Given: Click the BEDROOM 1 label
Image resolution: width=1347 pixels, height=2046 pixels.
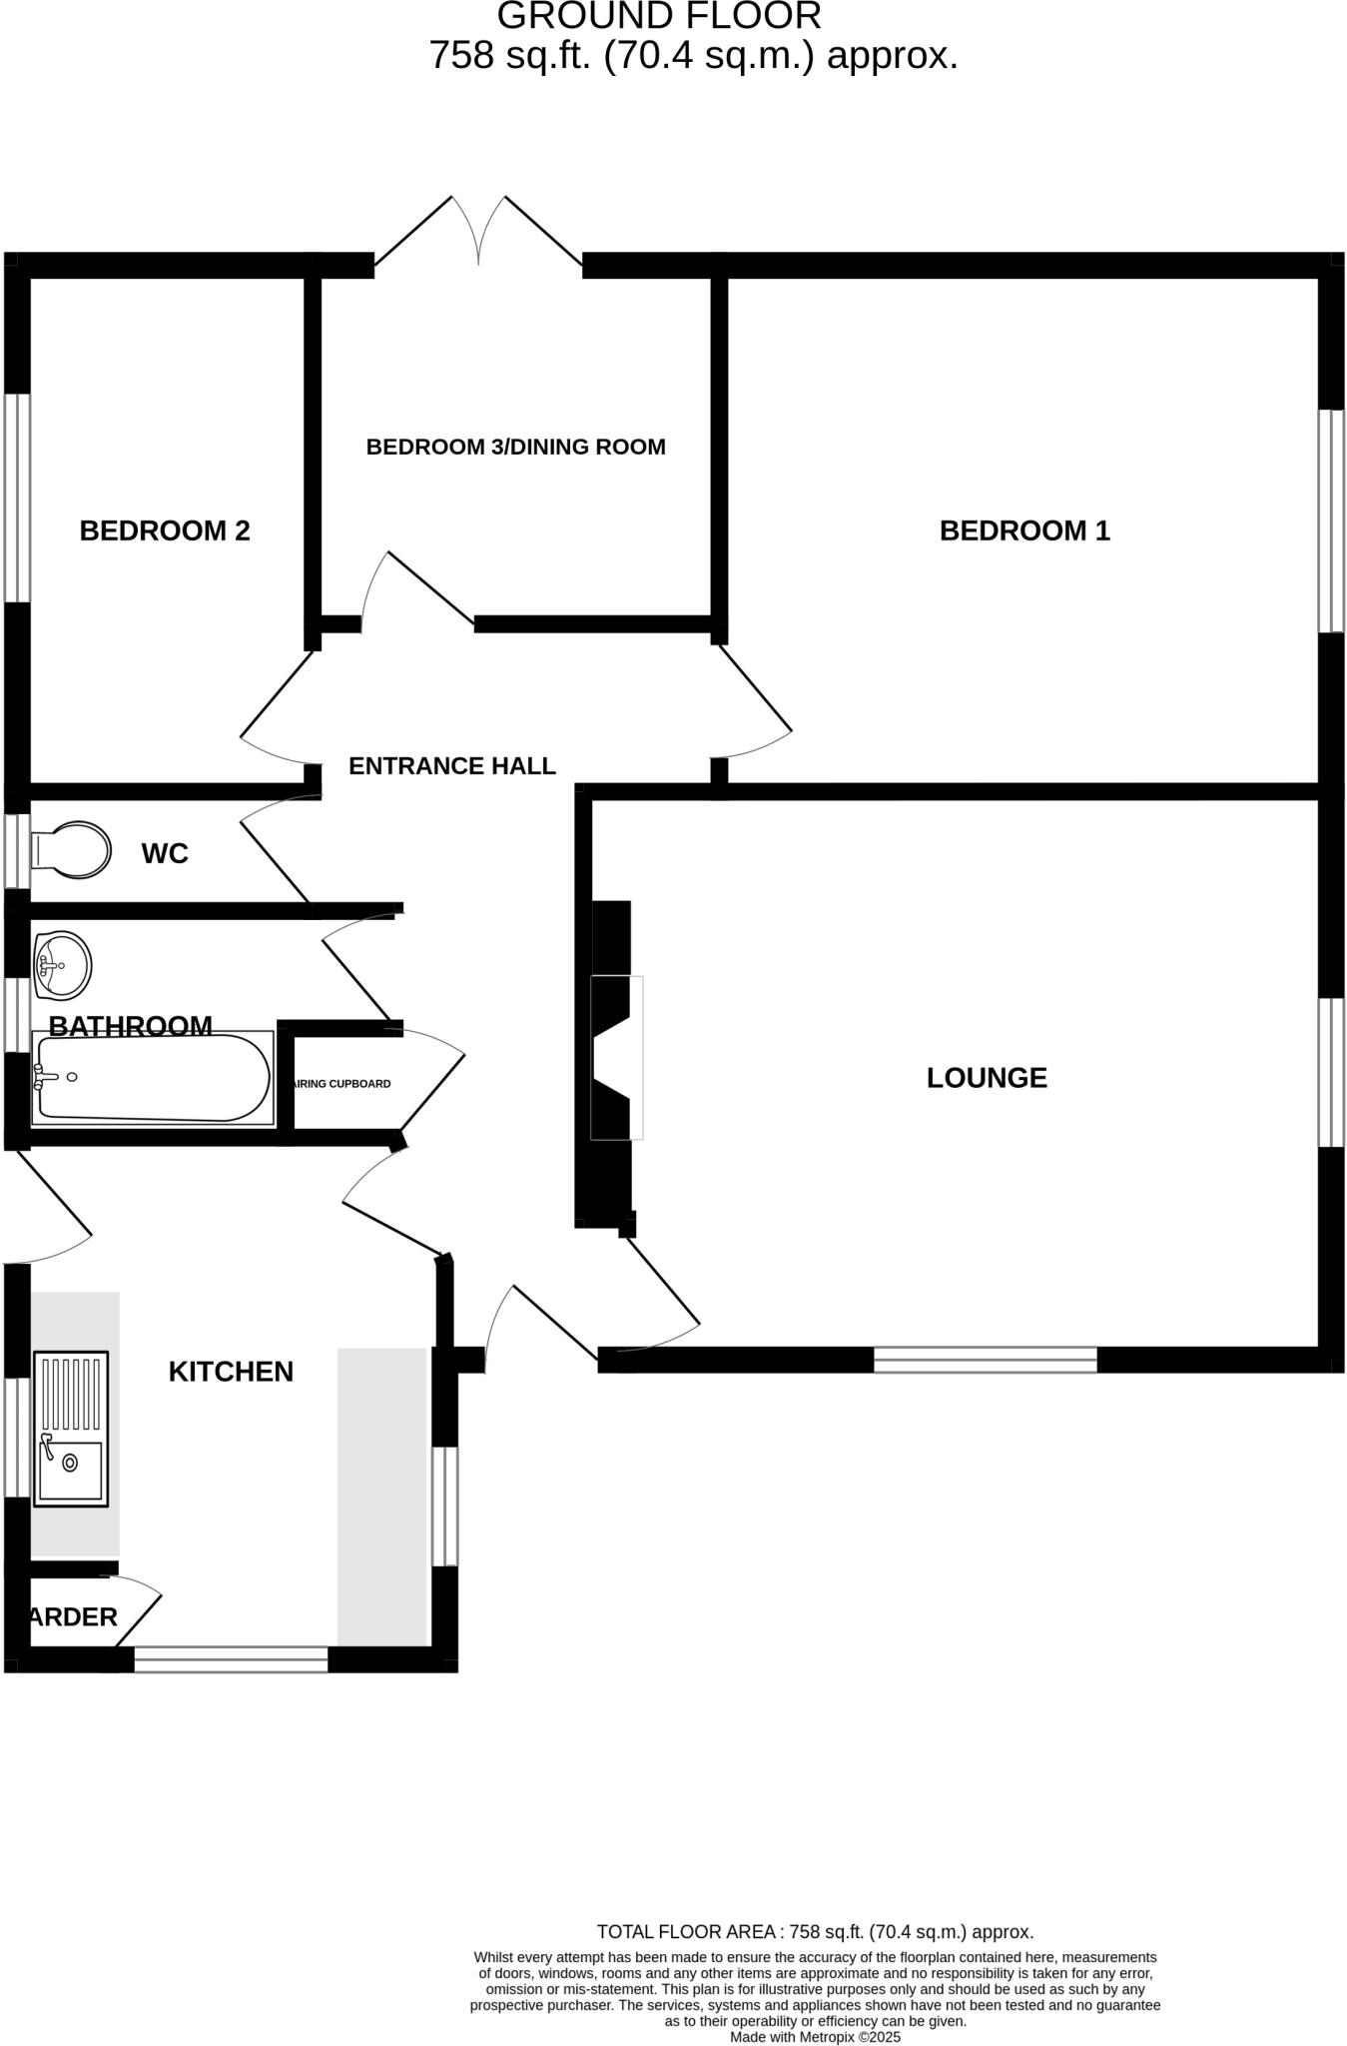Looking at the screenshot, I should tap(1024, 530).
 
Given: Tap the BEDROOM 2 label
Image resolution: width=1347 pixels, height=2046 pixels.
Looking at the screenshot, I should tap(165, 530).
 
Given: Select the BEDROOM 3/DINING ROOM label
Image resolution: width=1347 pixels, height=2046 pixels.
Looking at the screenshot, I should tap(515, 447).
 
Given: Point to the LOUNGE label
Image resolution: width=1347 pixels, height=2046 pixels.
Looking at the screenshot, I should tap(987, 1078).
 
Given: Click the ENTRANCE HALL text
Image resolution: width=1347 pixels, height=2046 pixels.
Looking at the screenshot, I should tap(451, 766).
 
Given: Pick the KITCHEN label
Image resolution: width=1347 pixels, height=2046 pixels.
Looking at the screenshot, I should tap(231, 1372).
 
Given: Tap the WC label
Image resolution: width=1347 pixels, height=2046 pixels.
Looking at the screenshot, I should tap(165, 853).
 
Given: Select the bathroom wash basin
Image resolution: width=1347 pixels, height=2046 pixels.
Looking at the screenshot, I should tap(62, 965).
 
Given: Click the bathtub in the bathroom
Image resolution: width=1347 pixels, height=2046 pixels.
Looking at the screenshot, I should tap(153, 1079).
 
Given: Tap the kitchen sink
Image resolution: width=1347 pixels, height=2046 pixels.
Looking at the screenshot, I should tap(71, 1429).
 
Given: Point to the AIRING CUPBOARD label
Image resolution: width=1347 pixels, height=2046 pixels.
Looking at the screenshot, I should tap(340, 1084).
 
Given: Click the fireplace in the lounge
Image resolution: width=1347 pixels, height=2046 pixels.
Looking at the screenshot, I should tap(613, 1058).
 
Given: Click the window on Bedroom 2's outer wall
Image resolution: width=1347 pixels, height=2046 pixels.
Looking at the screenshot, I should tap(18, 498).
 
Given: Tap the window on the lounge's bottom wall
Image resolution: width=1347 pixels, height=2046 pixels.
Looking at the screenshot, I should tap(985, 1360).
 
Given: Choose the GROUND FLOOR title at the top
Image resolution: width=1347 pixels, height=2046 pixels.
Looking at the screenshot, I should tap(659, 16).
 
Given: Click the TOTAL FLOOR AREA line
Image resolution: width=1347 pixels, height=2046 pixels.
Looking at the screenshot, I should tap(815, 1932).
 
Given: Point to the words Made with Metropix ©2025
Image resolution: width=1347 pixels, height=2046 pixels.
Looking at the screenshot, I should tap(815, 2036).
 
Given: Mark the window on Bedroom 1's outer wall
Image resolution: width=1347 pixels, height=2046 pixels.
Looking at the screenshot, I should tap(1331, 520).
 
